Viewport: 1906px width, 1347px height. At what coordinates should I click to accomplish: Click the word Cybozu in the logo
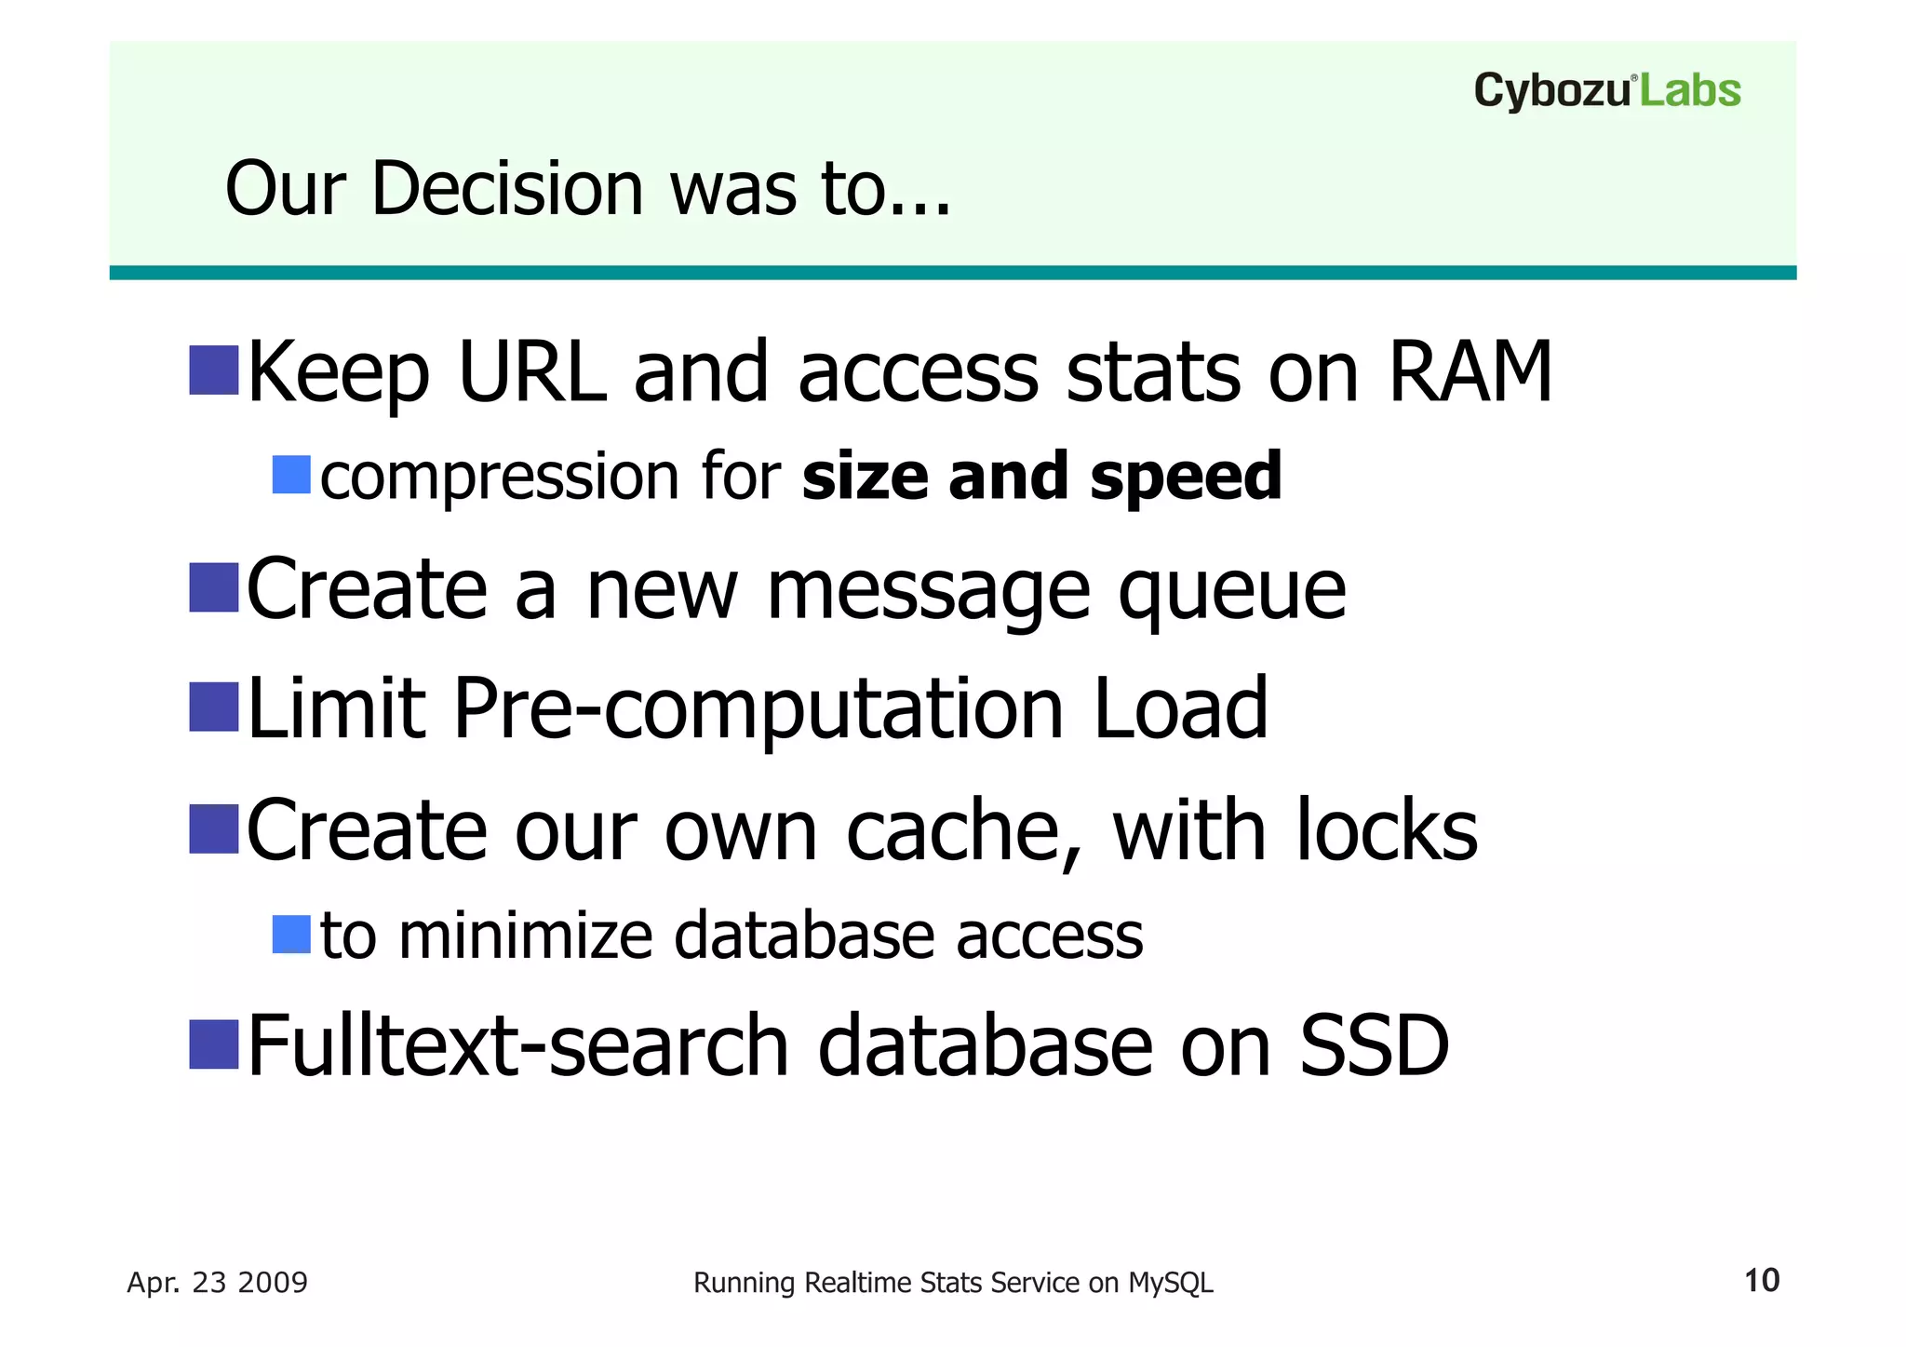[1552, 92]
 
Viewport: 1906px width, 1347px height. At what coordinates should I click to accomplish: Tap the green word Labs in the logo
[1689, 91]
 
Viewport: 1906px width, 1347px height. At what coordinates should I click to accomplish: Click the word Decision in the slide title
[507, 189]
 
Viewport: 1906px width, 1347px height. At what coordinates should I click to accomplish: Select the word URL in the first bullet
[531, 372]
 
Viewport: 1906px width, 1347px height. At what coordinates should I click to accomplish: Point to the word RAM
[1470, 372]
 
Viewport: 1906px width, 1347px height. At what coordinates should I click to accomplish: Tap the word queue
[1231, 593]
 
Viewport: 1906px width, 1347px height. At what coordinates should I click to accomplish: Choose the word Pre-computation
[758, 710]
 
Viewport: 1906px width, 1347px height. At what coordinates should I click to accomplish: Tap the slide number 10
[1761, 1281]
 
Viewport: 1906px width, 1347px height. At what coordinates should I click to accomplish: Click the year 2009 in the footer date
[273, 1283]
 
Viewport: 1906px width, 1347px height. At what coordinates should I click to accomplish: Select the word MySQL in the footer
[1170, 1283]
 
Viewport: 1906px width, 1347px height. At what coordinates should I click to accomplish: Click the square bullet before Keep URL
[214, 370]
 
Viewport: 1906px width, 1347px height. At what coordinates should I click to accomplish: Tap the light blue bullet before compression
[290, 475]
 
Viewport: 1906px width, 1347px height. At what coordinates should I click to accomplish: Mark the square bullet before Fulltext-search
[214, 1044]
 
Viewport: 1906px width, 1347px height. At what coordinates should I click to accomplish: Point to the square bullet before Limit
[214, 707]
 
